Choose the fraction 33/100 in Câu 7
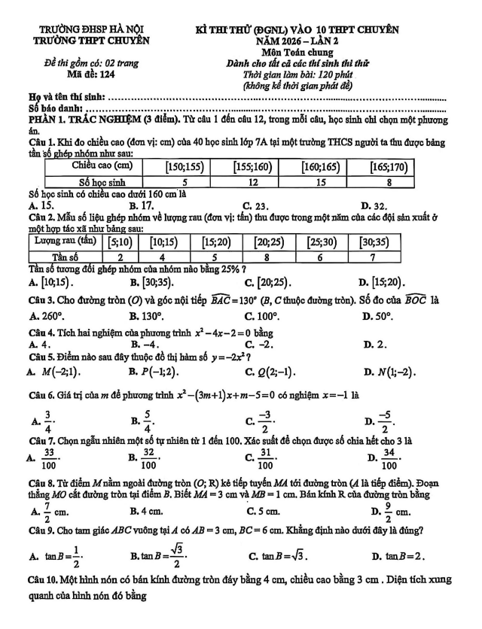point(51,454)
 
